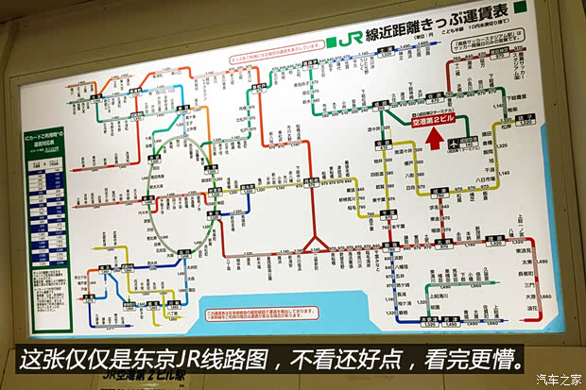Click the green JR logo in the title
coord(346,41)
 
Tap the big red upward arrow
coord(435,139)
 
